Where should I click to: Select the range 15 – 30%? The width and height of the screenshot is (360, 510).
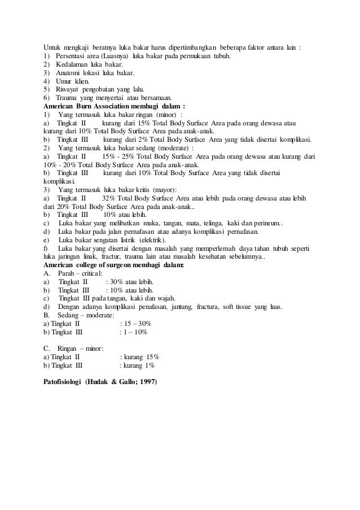(136, 323)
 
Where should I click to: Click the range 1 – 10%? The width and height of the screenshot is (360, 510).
(135, 332)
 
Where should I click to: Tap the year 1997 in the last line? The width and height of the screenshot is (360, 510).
(148, 382)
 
